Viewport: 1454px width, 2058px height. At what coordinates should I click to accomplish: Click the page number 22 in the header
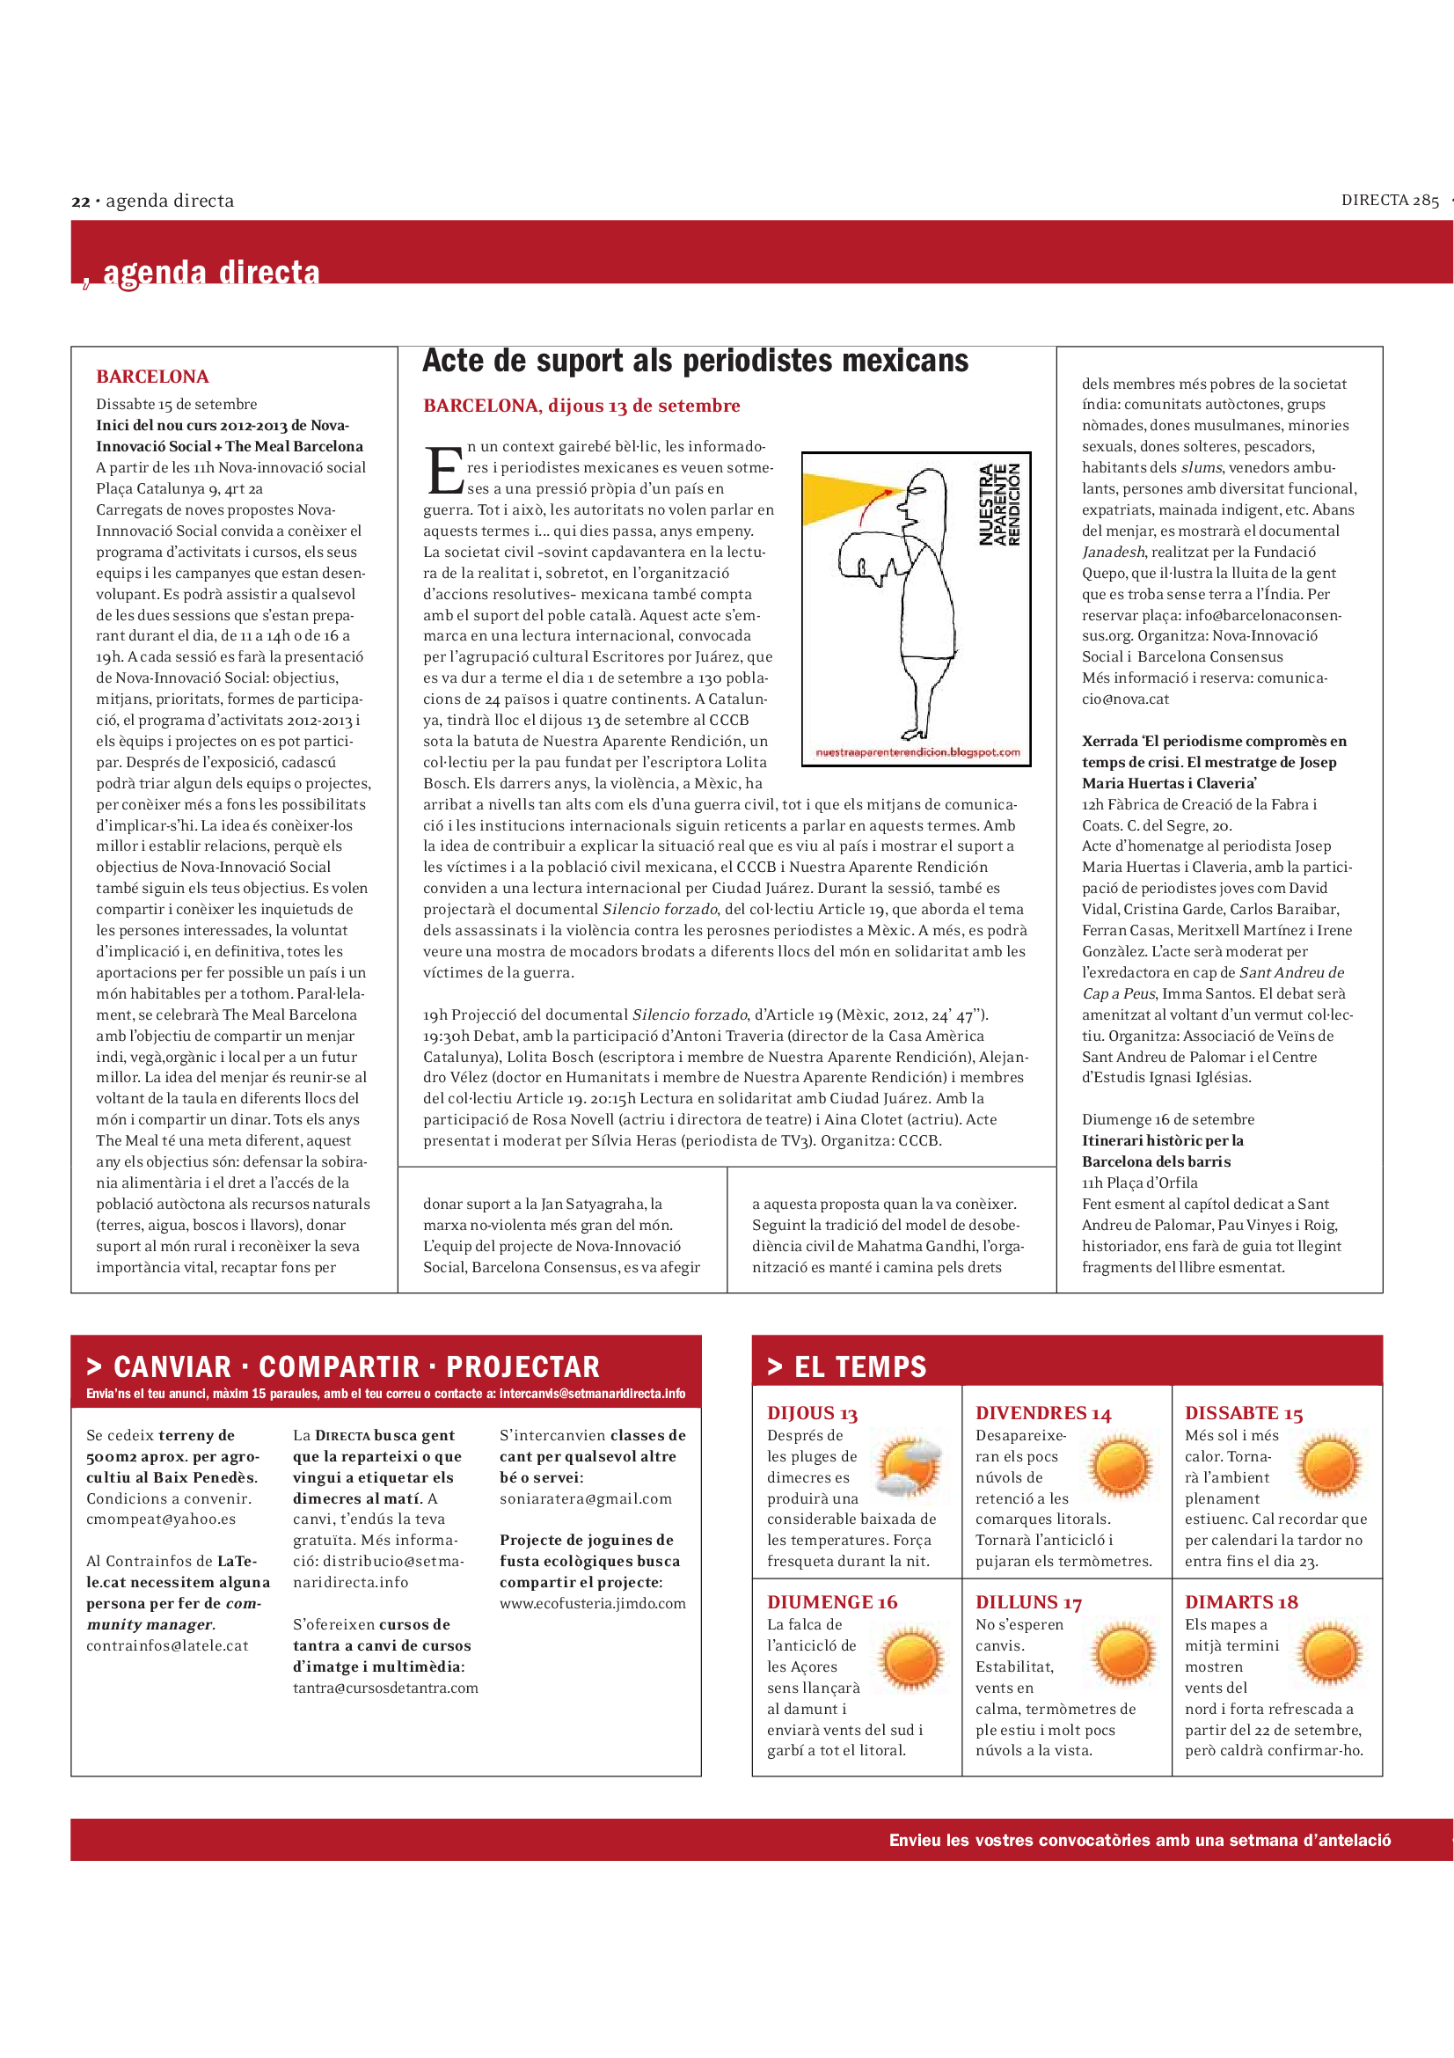pos(81,201)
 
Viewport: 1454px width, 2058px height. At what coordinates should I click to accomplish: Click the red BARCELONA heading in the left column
pos(152,377)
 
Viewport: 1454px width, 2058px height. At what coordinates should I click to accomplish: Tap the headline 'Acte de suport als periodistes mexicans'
pos(695,361)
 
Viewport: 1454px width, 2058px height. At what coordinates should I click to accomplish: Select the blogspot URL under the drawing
pos(917,752)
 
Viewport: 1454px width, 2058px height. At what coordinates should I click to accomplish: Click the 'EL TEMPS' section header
pos(860,1367)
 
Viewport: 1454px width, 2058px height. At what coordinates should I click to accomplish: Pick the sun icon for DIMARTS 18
pos(1330,1655)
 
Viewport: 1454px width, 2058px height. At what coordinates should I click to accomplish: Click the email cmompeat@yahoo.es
pos(161,1520)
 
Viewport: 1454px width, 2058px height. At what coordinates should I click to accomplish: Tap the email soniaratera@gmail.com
pos(586,1498)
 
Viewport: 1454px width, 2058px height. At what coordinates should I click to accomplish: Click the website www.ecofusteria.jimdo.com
pos(593,1604)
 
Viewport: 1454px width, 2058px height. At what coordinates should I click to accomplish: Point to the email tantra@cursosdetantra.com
pos(385,1688)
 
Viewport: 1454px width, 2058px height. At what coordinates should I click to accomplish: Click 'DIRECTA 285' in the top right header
pos(1390,201)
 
